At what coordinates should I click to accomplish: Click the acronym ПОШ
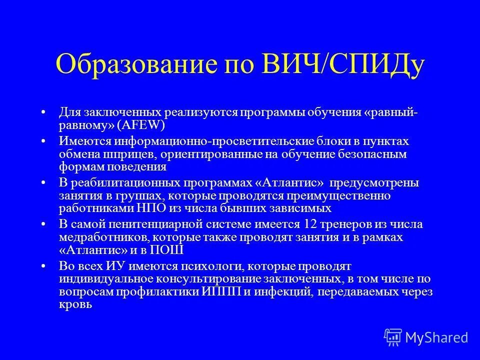click(x=170, y=250)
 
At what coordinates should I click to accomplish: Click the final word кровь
click(x=75, y=304)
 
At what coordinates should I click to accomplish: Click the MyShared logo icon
click(x=393, y=337)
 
